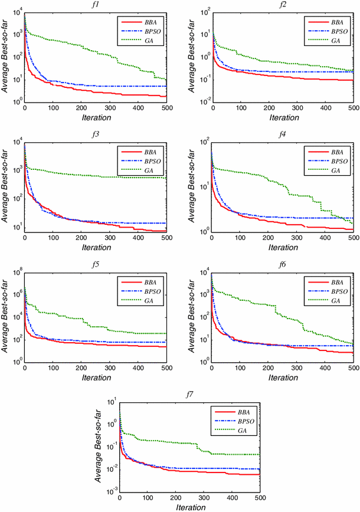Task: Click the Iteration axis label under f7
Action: pos(190,507)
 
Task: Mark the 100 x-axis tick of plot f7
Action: pos(148,499)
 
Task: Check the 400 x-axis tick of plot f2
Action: pos(325,109)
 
